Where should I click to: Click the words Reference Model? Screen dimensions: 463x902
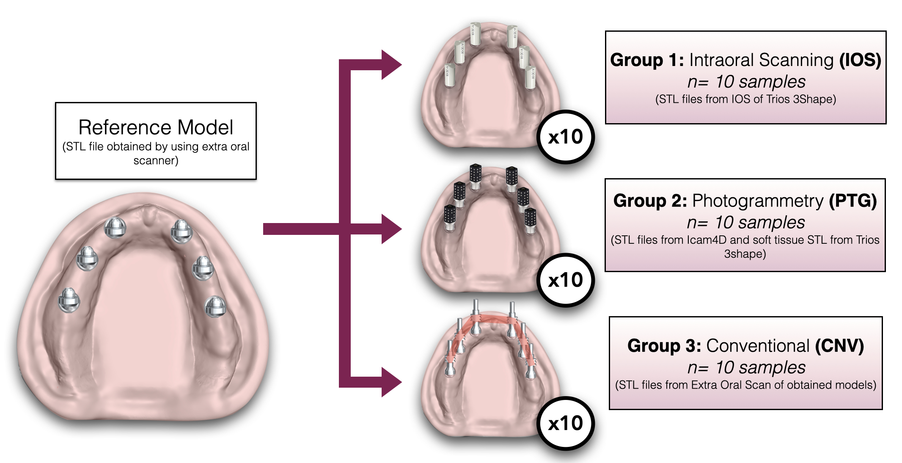(x=156, y=127)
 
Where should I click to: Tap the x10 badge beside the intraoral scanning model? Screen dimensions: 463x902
(x=565, y=137)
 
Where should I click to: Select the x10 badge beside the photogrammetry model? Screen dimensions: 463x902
(x=565, y=280)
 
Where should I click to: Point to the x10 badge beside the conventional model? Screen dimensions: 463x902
(x=565, y=423)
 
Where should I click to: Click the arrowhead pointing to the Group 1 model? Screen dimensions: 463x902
(x=391, y=65)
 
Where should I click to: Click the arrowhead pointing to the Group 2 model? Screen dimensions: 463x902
(x=391, y=229)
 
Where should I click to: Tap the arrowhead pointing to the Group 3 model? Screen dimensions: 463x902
(x=391, y=382)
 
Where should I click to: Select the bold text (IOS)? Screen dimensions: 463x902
(x=860, y=60)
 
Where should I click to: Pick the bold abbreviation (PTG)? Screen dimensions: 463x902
(x=852, y=201)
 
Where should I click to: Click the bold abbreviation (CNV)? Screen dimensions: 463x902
(x=839, y=346)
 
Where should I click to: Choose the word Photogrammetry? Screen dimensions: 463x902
(x=758, y=201)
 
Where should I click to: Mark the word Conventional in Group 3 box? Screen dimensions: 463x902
(x=758, y=346)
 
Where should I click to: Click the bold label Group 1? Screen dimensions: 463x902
(x=647, y=60)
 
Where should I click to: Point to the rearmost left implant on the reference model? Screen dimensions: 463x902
(x=69, y=300)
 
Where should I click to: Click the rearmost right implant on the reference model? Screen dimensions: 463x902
(x=215, y=306)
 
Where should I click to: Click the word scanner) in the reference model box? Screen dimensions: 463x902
(x=156, y=161)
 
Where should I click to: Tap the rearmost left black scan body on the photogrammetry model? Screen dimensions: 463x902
(x=450, y=216)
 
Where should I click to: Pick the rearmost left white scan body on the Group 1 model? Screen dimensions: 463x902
(x=449, y=75)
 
